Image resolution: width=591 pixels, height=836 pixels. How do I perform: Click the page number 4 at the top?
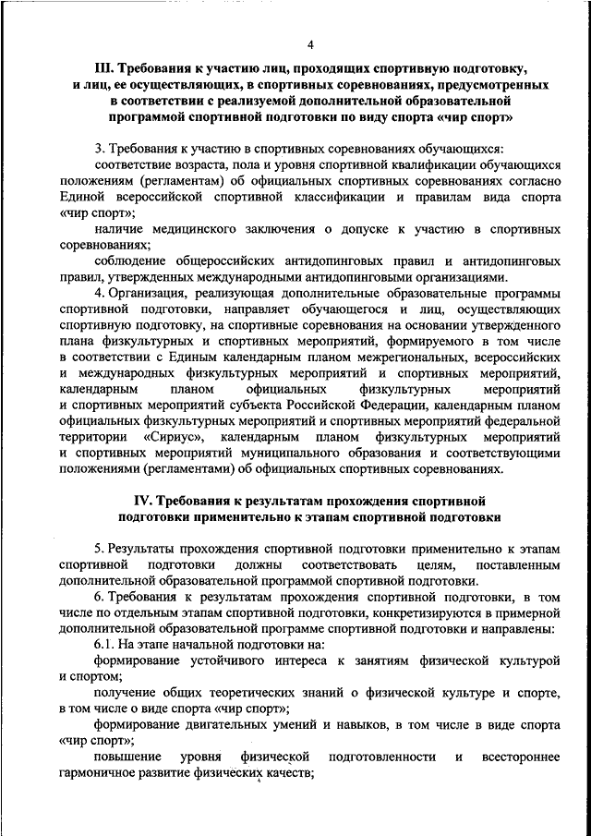coord(309,44)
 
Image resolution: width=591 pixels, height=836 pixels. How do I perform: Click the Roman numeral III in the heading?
coord(104,68)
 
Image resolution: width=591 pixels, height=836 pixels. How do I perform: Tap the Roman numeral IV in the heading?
coord(137,501)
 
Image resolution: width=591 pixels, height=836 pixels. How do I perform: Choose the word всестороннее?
coord(520,757)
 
